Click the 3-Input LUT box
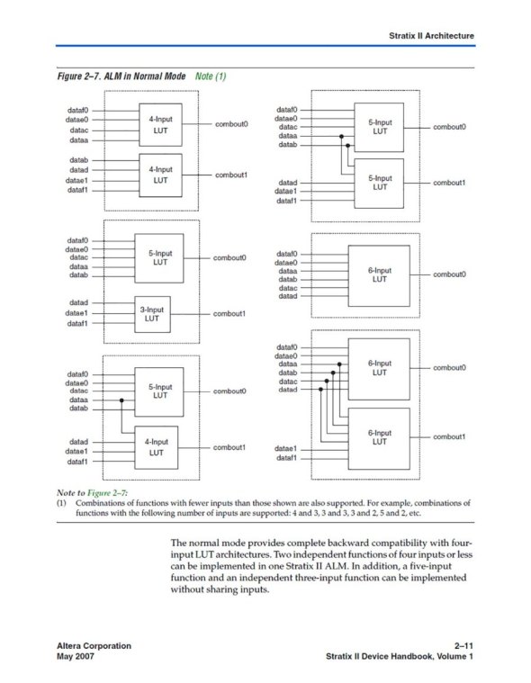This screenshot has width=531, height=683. click(x=152, y=314)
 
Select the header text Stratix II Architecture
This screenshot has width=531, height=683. click(x=431, y=36)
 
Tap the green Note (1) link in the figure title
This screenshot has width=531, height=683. click(x=211, y=76)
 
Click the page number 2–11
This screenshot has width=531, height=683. click(x=463, y=645)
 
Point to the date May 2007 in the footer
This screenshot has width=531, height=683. click(x=76, y=656)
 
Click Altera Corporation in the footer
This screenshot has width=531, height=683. click(x=94, y=645)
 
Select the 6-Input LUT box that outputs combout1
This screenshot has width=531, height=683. click(x=379, y=438)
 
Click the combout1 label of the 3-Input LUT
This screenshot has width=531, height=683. click(x=229, y=314)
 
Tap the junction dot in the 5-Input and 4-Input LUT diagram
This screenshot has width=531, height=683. click(x=121, y=400)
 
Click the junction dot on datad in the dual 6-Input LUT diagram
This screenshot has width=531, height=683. click(x=320, y=390)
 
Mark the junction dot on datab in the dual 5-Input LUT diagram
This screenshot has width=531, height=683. click(x=347, y=145)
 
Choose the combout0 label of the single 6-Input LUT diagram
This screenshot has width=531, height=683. click(x=449, y=274)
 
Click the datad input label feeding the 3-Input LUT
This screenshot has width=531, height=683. click(x=78, y=302)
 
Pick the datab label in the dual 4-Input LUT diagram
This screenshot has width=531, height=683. click(x=78, y=160)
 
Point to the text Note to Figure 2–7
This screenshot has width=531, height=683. click(x=92, y=492)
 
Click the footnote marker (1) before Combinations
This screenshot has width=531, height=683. click(x=61, y=503)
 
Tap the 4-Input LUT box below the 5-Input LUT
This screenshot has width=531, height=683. click(x=157, y=447)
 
